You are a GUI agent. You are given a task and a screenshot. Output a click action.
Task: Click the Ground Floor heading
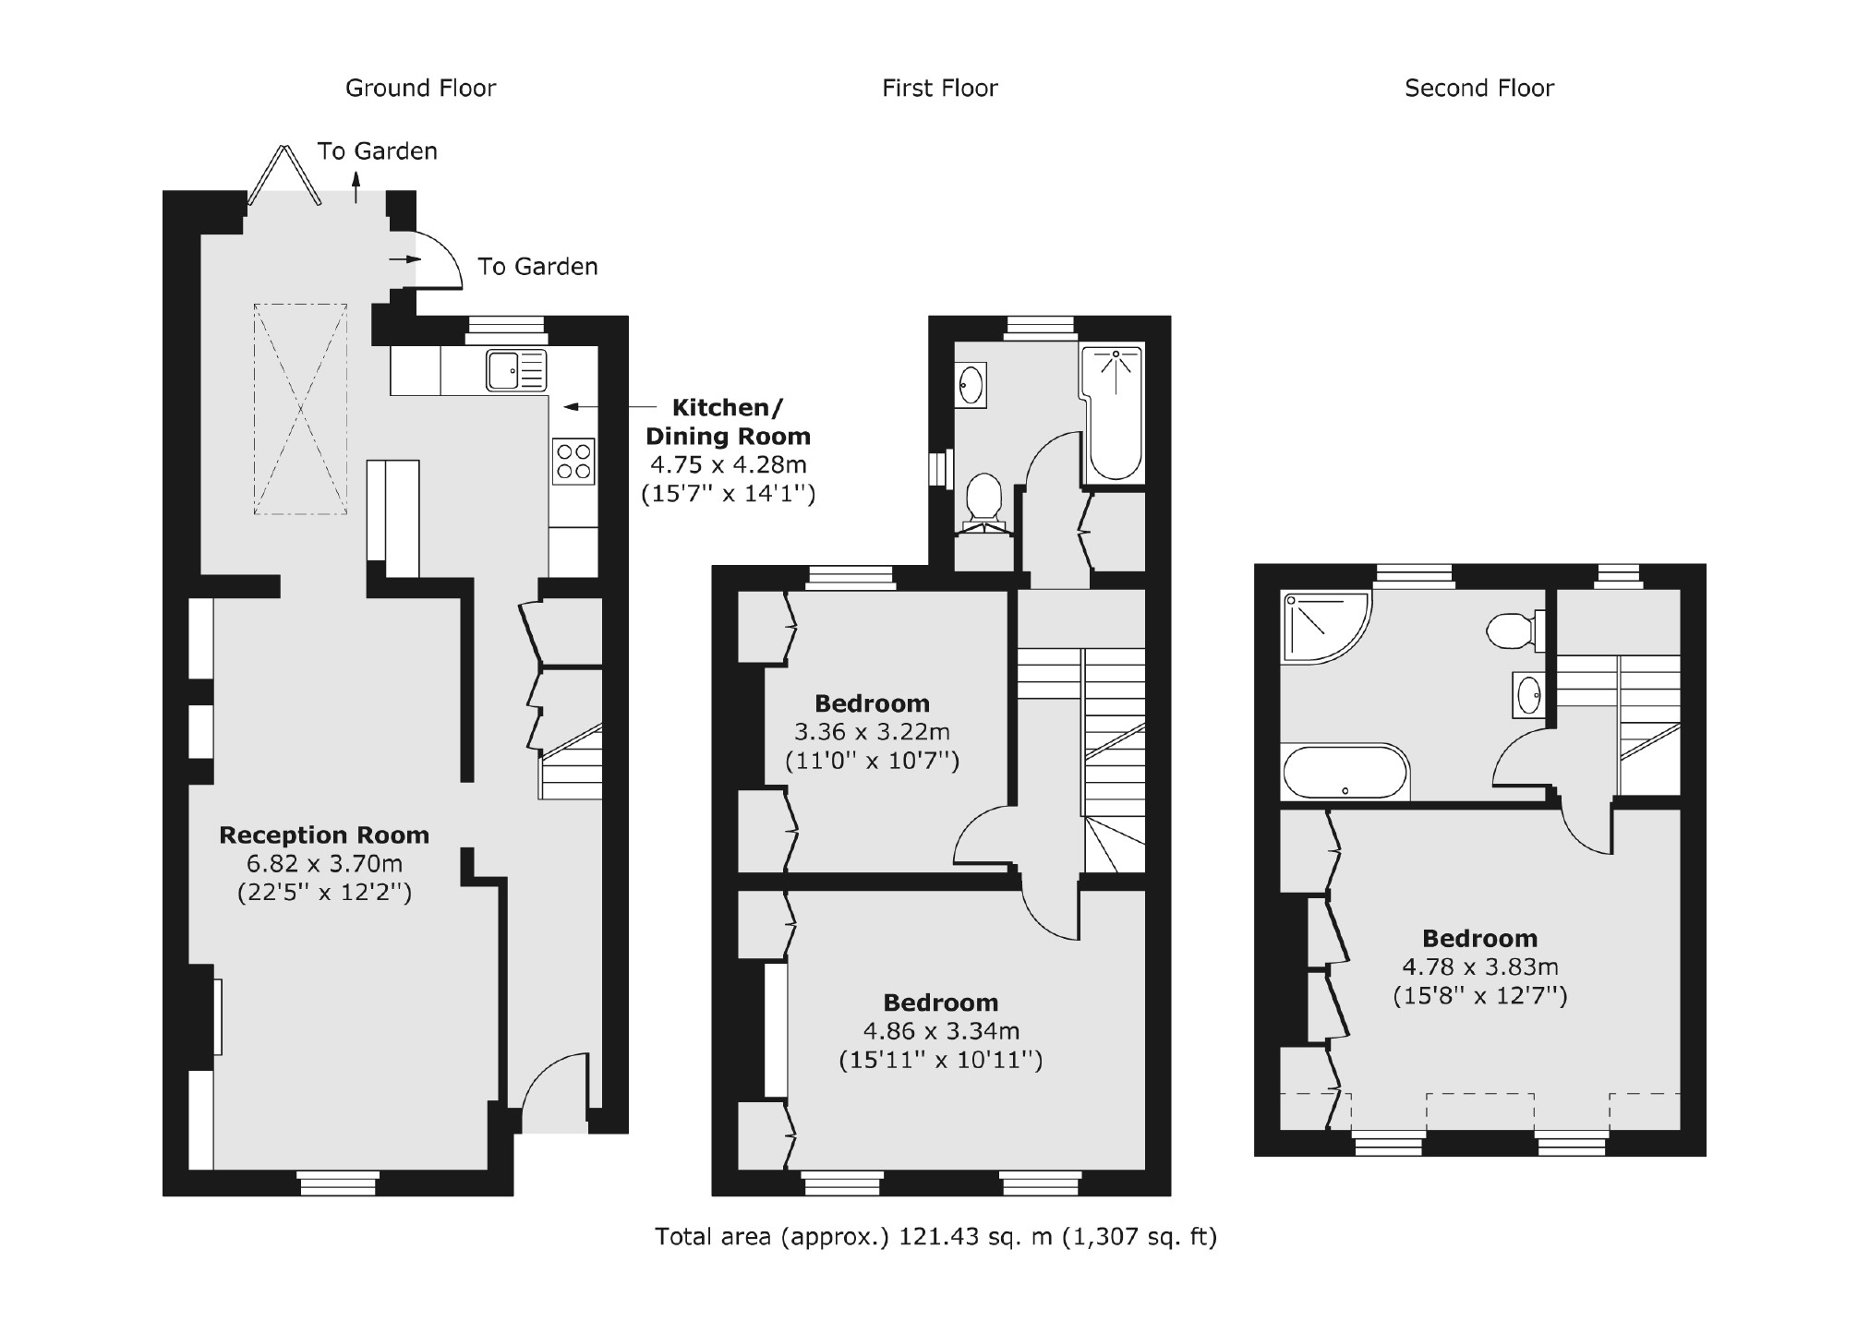(420, 89)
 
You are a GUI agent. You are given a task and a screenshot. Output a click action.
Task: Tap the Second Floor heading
(1478, 89)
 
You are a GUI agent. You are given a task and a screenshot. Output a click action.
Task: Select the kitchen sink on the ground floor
(516, 370)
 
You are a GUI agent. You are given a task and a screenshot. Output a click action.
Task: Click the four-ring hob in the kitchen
(573, 462)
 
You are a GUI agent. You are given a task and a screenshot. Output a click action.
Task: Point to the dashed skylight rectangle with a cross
(300, 409)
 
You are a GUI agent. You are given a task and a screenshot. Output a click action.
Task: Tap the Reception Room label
(324, 835)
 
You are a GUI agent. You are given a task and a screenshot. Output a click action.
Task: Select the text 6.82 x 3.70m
(324, 864)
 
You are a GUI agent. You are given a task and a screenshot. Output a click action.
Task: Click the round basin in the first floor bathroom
(971, 385)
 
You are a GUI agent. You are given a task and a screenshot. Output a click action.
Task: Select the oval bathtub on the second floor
(1345, 772)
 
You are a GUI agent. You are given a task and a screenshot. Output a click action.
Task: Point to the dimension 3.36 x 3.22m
(872, 732)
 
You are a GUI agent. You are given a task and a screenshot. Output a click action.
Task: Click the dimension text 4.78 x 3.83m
(1479, 967)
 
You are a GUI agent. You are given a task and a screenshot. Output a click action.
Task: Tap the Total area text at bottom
(935, 1236)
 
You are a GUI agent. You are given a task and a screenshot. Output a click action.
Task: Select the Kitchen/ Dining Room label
(728, 422)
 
